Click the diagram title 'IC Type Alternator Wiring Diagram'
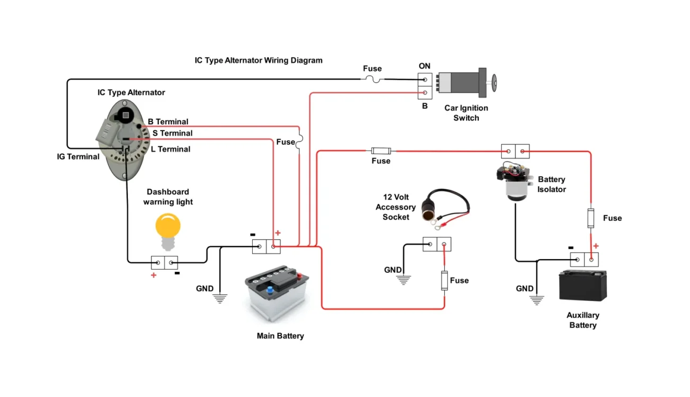pos(258,61)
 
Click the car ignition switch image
pos(467,82)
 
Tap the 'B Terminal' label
pos(168,122)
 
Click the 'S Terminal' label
pos(172,133)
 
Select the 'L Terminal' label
pos(170,149)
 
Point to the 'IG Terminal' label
pos(78,157)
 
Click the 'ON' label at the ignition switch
pos(425,66)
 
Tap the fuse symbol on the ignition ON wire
pos(372,79)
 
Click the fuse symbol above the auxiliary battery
pos(591,218)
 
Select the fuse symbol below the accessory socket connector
pos(444,280)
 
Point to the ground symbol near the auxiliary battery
pos(537,300)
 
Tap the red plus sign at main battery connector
pos(278,233)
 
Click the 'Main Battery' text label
pos(280,336)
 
